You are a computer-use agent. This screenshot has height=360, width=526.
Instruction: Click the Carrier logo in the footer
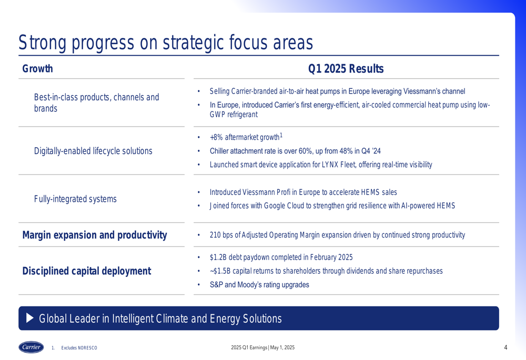[x=31, y=347]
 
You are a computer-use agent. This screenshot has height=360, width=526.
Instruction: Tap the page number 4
[x=505, y=347]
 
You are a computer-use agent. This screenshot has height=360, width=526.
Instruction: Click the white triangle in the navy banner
[x=30, y=318]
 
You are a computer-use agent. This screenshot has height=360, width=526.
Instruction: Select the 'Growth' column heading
[x=37, y=68]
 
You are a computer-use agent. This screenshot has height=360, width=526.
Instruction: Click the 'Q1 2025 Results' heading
[x=346, y=68]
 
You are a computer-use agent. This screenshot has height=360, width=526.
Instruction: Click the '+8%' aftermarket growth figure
[x=216, y=137]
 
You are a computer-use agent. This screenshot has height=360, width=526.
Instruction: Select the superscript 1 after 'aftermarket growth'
[x=281, y=135]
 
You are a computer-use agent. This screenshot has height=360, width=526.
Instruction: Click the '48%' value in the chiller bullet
[x=346, y=151]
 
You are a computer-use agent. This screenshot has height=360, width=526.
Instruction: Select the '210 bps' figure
[x=221, y=235]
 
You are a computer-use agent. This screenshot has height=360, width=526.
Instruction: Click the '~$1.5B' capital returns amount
[x=220, y=271]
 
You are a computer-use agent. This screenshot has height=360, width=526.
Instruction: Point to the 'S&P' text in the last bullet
[x=216, y=284]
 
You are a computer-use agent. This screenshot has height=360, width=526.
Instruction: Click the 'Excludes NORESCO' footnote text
[x=79, y=348]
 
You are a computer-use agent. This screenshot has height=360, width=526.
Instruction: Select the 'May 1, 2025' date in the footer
[x=282, y=347]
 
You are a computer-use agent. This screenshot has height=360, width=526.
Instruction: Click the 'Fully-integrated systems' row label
[x=75, y=199]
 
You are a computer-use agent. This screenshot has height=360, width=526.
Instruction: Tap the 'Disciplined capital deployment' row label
[x=87, y=271]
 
